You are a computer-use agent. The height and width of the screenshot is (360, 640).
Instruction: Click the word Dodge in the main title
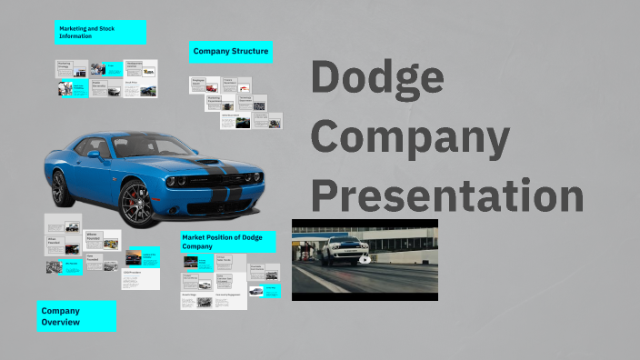378,77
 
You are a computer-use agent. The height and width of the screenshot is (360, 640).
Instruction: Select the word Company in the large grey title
411,137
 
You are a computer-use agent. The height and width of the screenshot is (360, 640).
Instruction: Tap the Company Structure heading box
231,52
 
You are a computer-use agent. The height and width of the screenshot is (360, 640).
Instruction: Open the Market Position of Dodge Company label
227,242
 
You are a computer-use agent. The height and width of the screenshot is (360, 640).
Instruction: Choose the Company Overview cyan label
76,316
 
